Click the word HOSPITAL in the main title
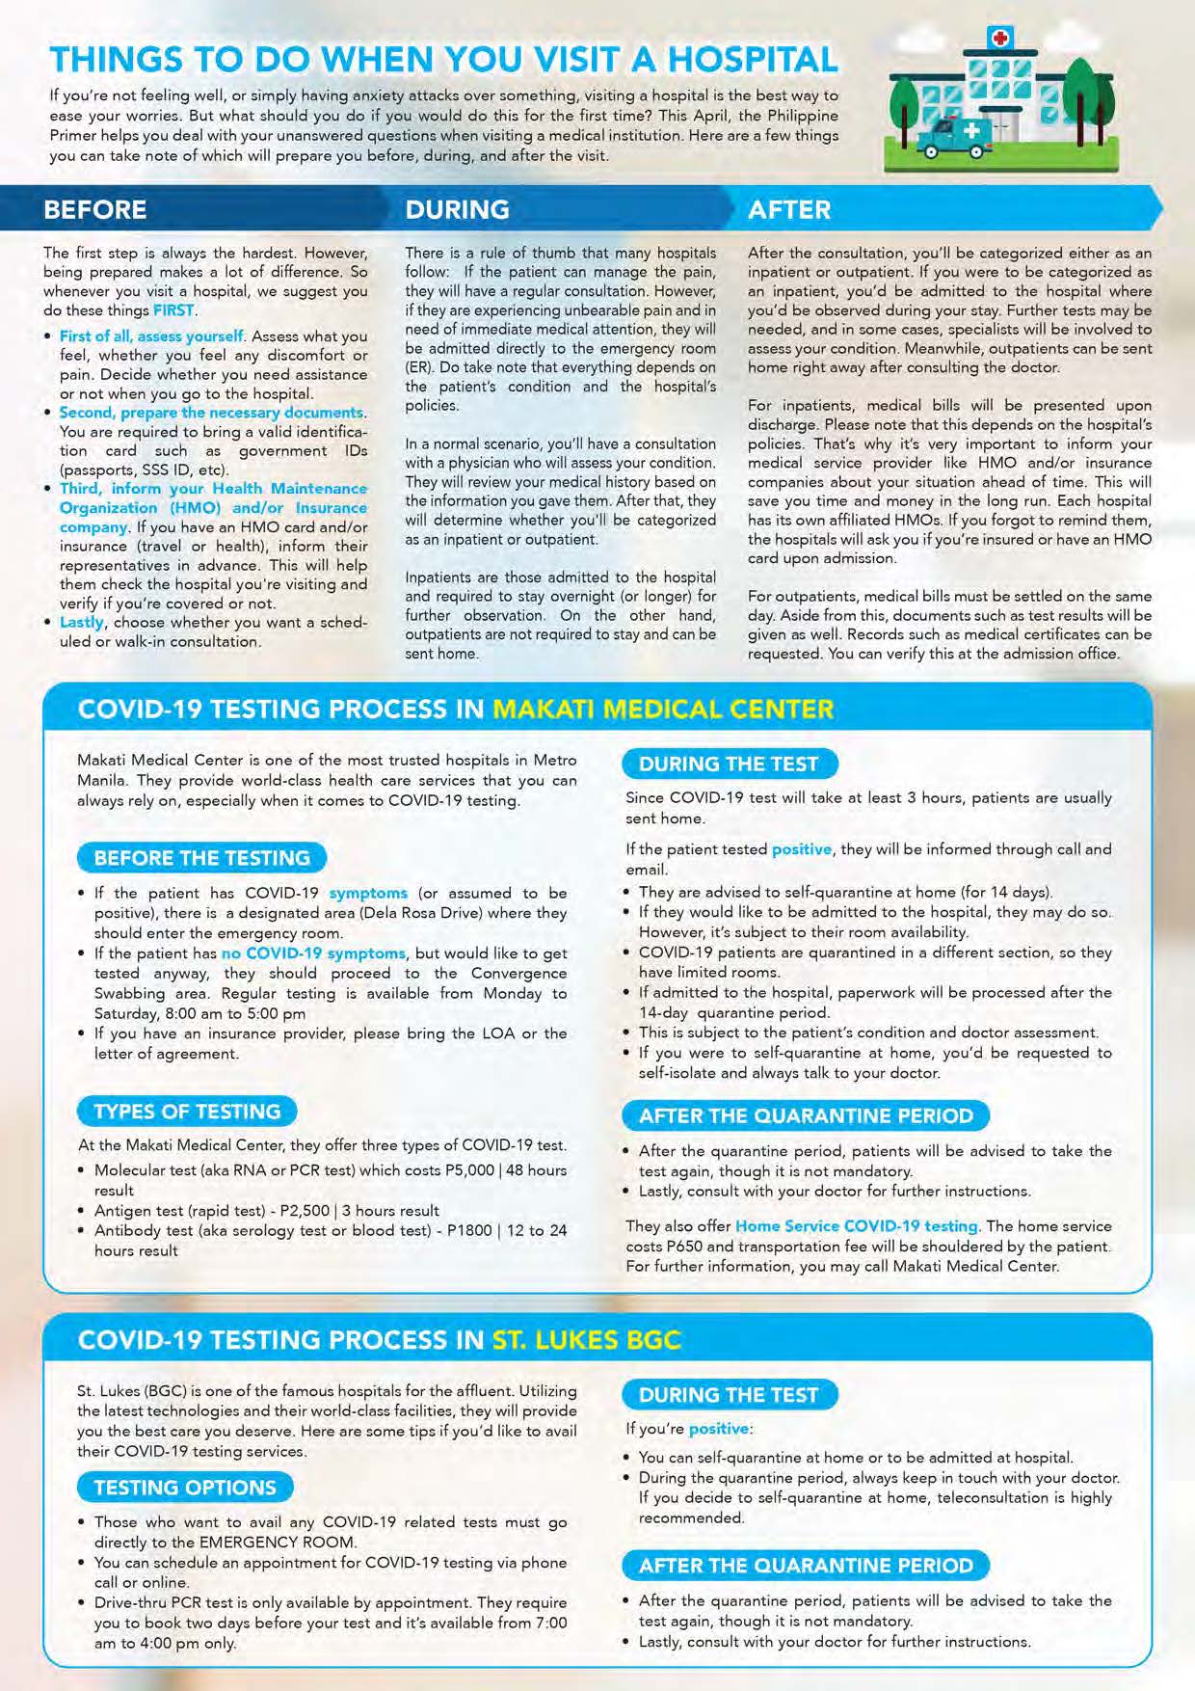pos(753,60)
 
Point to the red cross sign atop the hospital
pos(1001,38)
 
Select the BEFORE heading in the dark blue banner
pos(95,209)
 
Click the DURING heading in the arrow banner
pos(457,209)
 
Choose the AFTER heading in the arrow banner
pos(788,209)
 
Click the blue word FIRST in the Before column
pos(173,310)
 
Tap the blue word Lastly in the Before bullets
pos(82,623)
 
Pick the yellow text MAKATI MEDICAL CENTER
pos(662,710)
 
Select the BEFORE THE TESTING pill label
pos(201,858)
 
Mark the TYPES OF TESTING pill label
pos(187,1112)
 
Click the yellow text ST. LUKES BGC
pos(586,1340)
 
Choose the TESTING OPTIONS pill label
pos(184,1488)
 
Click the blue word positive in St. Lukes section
pos(719,1429)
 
